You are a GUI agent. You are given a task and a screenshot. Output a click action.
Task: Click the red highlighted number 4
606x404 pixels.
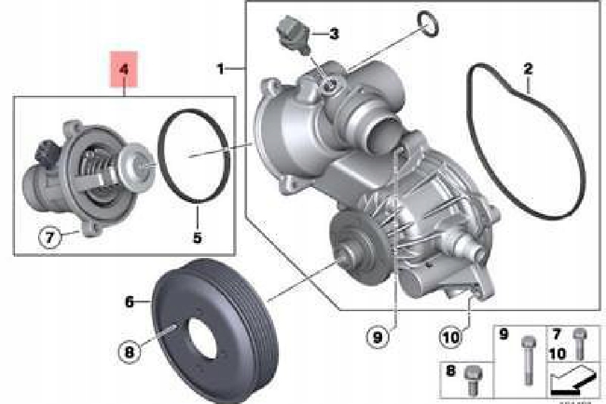coord(124,69)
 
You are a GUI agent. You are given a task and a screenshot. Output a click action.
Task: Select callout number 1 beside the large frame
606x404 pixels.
coord(220,69)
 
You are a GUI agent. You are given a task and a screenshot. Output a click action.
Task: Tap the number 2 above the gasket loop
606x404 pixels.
coord(528,69)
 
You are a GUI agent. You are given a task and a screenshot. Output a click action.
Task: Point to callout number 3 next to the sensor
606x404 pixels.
coord(334,33)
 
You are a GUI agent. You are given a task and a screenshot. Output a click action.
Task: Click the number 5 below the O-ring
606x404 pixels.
coord(197,237)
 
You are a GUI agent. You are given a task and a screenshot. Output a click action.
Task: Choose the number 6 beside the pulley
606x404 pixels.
coord(129,301)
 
